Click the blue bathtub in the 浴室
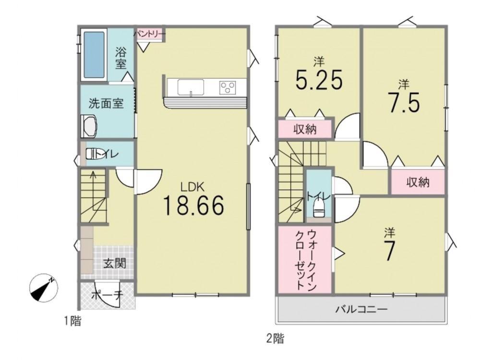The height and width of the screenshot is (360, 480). click(94, 55)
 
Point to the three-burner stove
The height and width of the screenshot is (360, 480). click(228, 87)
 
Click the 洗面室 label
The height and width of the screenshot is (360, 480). click(106, 104)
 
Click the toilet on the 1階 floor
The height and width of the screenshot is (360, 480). click(94, 154)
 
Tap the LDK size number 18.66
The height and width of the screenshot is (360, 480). click(194, 205)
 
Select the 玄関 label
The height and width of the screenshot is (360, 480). click(115, 263)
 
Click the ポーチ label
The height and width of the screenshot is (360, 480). click(107, 296)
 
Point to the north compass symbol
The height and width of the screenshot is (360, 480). click(44, 288)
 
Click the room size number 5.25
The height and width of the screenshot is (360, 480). click(319, 80)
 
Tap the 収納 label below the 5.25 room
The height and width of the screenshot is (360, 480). click(305, 130)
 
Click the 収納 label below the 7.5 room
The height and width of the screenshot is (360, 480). click(418, 182)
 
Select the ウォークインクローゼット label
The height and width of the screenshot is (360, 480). click(305, 260)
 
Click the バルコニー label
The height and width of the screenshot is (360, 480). click(362, 309)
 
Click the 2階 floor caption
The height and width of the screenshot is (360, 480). click(275, 338)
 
